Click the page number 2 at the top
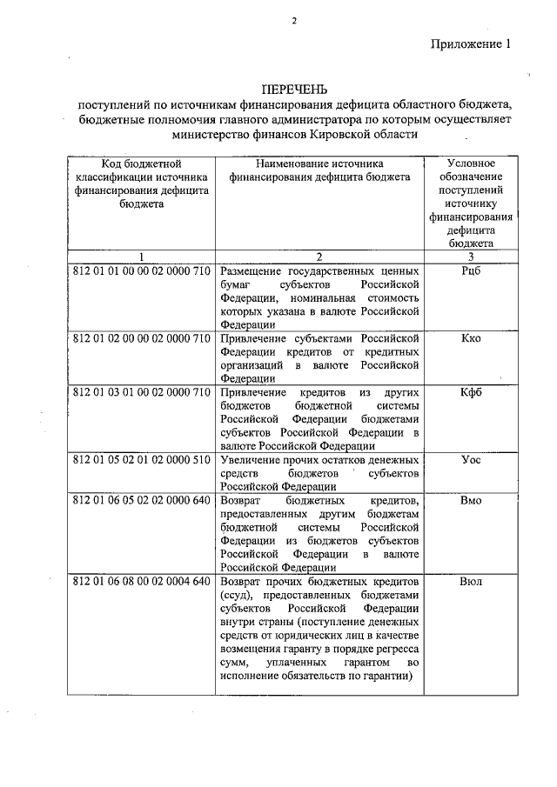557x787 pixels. point(294,22)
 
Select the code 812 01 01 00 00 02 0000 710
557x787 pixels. point(141,271)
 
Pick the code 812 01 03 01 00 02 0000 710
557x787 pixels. point(141,392)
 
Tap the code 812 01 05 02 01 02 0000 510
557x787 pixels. point(141,459)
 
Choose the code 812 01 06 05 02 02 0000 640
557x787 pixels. point(141,501)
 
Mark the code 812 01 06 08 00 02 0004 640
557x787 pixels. point(141,581)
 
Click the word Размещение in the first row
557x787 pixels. point(255,271)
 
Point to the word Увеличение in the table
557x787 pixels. point(253,459)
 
